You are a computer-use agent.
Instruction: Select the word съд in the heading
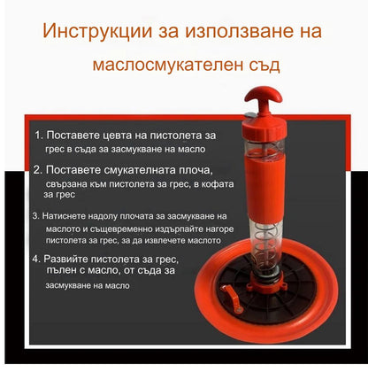(264, 65)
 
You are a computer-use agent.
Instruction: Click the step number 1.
(39, 136)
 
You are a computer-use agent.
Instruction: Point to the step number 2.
(38, 170)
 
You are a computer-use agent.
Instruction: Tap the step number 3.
(35, 216)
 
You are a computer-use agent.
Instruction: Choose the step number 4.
(36, 259)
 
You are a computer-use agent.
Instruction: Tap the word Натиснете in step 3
(62, 216)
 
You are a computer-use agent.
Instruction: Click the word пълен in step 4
(61, 270)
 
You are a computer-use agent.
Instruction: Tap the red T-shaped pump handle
(264, 99)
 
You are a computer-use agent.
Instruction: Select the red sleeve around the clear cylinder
(264, 188)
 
